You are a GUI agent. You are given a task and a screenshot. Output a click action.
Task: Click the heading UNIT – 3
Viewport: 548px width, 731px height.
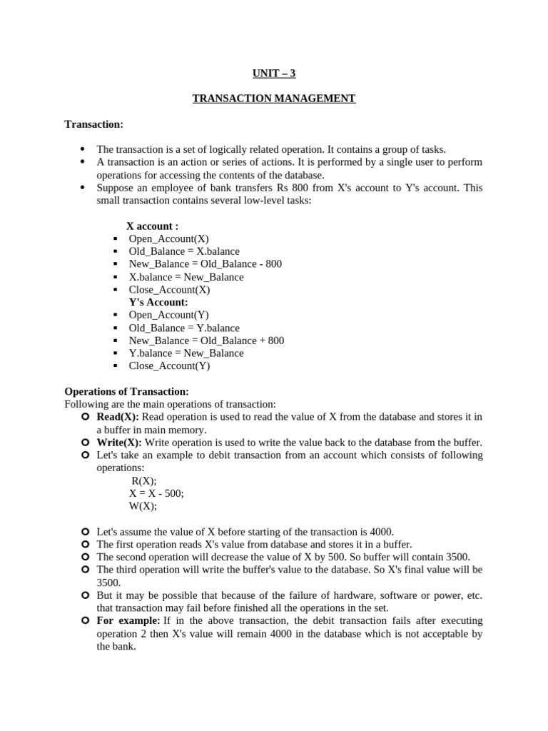(274, 73)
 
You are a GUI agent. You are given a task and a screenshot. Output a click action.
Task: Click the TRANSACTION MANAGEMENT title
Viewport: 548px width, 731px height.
(274, 99)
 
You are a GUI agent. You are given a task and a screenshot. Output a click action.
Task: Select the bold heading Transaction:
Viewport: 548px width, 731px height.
(93, 124)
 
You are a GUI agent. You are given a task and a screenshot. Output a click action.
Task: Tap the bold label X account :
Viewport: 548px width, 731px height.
(152, 226)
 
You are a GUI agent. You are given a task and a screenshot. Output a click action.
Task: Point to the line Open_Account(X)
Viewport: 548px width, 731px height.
(169, 239)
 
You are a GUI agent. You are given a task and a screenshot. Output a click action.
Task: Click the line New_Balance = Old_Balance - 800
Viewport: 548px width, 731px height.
(205, 264)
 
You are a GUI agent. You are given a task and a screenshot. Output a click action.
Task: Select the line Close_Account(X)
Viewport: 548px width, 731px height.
(169, 290)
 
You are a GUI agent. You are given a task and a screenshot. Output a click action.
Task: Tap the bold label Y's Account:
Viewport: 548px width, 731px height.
(158, 302)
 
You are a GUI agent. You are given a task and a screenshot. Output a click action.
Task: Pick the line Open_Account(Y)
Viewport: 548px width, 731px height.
(169, 315)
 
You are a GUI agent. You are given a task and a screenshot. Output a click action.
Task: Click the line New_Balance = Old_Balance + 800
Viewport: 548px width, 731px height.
(206, 341)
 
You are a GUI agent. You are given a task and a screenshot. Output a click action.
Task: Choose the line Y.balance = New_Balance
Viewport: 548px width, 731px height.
(186, 353)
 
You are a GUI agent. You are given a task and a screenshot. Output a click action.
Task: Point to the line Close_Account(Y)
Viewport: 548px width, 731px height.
(169, 366)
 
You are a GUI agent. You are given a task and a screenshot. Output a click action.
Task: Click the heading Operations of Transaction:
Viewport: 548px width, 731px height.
(126, 392)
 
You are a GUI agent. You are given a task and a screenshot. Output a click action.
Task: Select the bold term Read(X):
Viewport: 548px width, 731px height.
(118, 417)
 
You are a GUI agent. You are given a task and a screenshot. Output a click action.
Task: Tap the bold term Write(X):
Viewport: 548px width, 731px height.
(119, 443)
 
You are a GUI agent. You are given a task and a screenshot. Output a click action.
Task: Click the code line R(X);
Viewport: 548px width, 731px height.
(143, 481)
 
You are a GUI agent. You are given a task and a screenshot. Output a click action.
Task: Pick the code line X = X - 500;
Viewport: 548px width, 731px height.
(156, 493)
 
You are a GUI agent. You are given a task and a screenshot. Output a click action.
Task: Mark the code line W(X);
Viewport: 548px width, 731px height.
(143, 506)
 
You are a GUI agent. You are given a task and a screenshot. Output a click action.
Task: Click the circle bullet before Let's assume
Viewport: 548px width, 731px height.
(85, 532)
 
